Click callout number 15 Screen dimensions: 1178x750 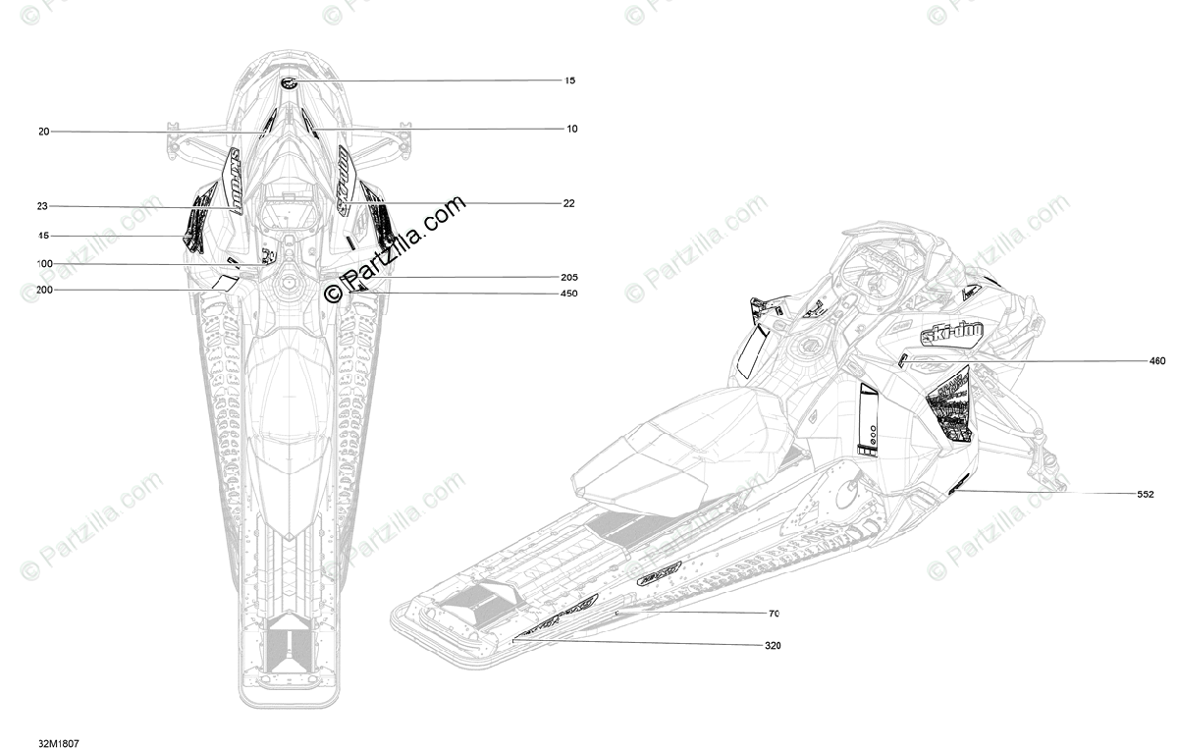(569, 80)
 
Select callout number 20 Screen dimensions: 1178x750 (44, 132)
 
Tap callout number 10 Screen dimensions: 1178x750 (571, 129)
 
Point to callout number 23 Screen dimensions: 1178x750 (42, 206)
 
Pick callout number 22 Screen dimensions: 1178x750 (568, 203)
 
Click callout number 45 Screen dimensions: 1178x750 (43, 236)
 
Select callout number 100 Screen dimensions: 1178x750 (45, 264)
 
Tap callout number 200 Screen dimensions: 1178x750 (45, 290)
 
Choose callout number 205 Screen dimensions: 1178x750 (569, 277)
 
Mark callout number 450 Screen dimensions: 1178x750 (569, 294)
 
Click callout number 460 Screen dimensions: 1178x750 (1157, 361)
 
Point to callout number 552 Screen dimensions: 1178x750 (1145, 495)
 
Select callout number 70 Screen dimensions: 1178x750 (774, 614)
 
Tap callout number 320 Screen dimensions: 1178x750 (773, 645)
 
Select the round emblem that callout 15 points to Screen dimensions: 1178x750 (291, 82)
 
